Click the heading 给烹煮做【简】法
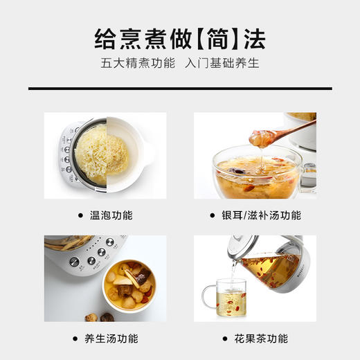(180, 39)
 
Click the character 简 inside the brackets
(208, 39)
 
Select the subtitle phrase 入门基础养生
(222, 65)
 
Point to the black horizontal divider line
(180, 89)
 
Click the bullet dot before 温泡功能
(82, 215)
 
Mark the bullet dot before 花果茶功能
(226, 339)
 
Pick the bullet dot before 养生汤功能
(76, 339)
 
